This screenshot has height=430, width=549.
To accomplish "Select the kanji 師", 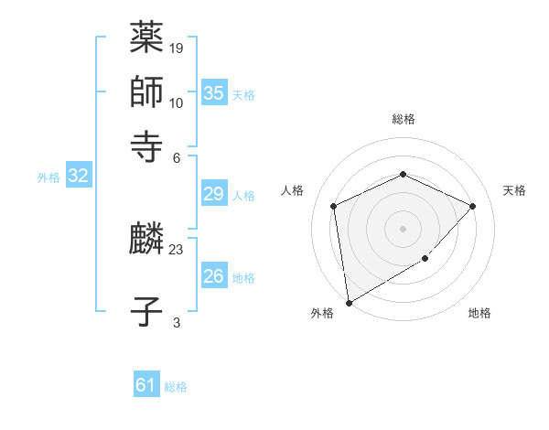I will pos(146,91).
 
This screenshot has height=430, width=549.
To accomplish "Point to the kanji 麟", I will pos(146,241).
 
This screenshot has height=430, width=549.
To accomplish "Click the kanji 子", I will pos(146,311).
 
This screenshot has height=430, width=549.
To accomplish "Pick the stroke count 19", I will pos(177,48).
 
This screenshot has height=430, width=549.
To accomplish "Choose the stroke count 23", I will pos(177,249).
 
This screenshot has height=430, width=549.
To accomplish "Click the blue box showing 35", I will pos(214,93).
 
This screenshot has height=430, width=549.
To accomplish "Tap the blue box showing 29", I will pos(214,194).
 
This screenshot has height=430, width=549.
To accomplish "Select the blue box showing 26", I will pos(214,276).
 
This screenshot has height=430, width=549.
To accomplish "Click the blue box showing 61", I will pos(146,385).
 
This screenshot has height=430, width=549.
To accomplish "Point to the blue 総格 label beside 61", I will pos(176,387).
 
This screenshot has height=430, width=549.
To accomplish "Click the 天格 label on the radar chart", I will pos(514,190).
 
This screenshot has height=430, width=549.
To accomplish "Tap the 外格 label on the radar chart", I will pos(322,314).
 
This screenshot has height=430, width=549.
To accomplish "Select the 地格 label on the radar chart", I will pos(479,314).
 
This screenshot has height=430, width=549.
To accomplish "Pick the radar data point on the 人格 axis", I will pos(334,206).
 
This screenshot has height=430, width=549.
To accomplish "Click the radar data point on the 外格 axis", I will pos(349,302).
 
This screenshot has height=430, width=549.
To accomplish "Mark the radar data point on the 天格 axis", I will pos(472,206).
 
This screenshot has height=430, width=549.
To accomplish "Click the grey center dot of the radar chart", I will pos(403,228).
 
